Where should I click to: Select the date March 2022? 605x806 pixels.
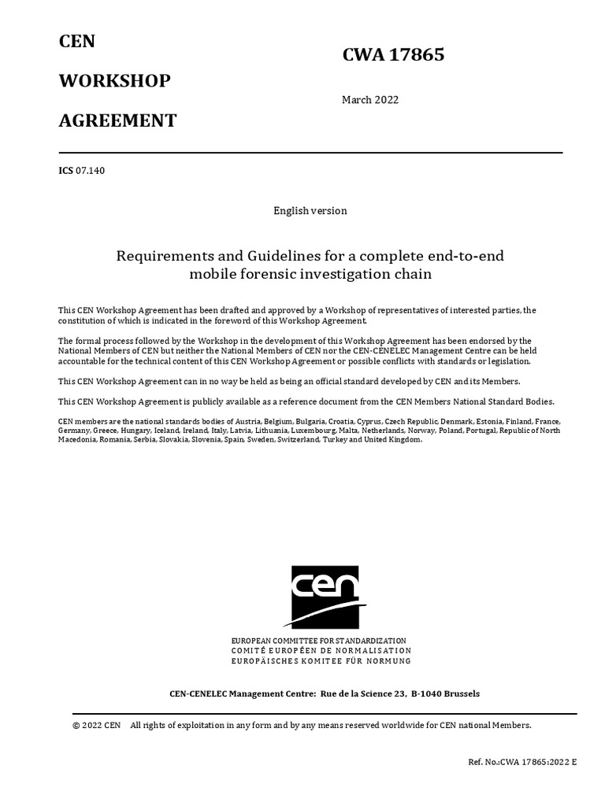(x=369, y=100)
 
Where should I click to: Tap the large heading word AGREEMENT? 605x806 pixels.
(x=117, y=120)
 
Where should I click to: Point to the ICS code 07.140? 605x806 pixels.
(x=90, y=171)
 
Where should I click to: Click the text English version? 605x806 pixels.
(x=310, y=211)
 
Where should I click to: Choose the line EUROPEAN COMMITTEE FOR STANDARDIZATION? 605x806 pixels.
(x=318, y=641)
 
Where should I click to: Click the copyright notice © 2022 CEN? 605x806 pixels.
(x=96, y=725)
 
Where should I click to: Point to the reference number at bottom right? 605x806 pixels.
(x=522, y=763)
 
